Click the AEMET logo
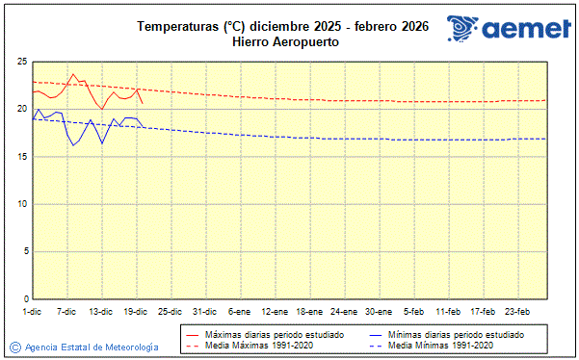pyautogui.click(x=508, y=29)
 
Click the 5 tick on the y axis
pyautogui.click(x=24, y=251)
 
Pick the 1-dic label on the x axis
pyautogui.click(x=32, y=312)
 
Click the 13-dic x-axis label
pyautogui.click(x=101, y=312)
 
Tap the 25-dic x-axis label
pyautogui.click(x=171, y=312)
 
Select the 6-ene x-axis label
pyautogui.click(x=239, y=312)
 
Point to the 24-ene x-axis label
pyautogui.click(x=343, y=312)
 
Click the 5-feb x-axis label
pyautogui.click(x=414, y=312)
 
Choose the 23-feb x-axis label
pyautogui.click(x=518, y=312)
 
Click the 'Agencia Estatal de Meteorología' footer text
pyautogui.click(x=92, y=347)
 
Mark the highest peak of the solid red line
pyautogui.click(x=73, y=73)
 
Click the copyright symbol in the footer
pyautogui.click(x=14, y=347)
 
